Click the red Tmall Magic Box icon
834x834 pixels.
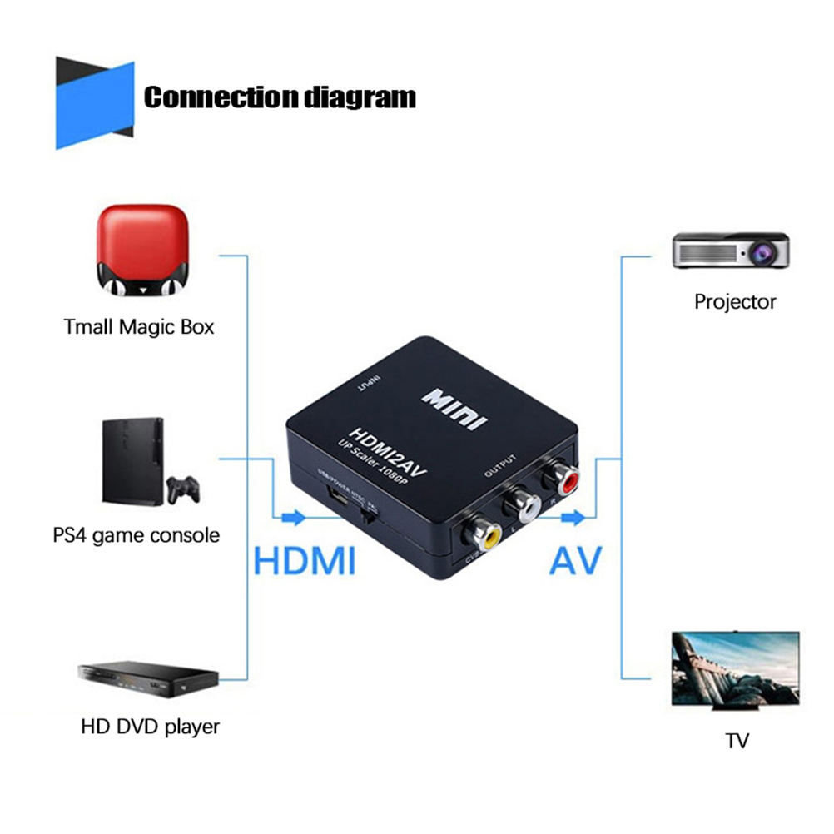click(x=139, y=251)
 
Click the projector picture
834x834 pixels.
click(x=730, y=249)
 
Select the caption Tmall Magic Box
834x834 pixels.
click(x=139, y=326)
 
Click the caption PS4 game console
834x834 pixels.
click(x=136, y=534)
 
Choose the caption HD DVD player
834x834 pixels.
click(x=151, y=726)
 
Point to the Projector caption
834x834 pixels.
click(x=735, y=301)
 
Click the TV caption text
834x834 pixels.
click(x=737, y=740)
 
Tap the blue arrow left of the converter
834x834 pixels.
click(x=293, y=519)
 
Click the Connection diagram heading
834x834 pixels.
click(x=280, y=97)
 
